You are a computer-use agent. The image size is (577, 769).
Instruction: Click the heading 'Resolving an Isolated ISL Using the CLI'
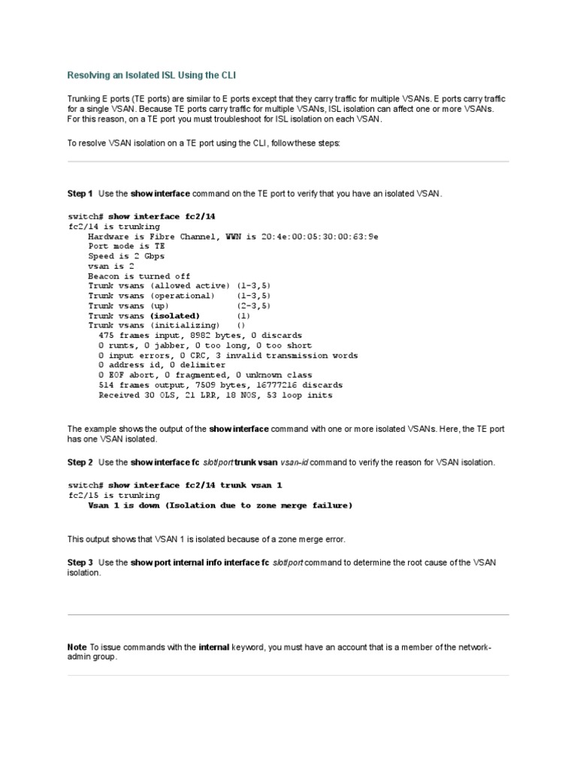(156, 76)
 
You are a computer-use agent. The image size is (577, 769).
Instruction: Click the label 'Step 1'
(80, 194)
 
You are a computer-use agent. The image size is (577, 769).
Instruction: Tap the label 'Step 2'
(80, 463)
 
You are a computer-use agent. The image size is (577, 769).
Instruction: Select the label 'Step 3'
(80, 562)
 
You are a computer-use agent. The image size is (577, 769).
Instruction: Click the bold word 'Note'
(77, 647)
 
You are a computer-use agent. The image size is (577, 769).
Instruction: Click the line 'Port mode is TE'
(127, 246)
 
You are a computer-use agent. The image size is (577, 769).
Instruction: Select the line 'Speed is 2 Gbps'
(126, 256)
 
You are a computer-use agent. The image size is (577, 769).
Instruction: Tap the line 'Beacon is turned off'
(139, 276)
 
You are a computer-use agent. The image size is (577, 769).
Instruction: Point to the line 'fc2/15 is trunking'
(114, 496)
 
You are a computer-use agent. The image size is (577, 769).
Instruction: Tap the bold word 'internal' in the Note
(198, 647)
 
